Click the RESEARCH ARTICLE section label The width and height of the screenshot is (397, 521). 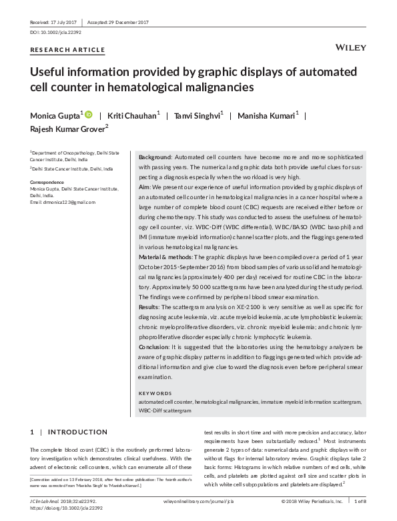click(x=67, y=50)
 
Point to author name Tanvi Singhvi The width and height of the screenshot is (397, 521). click(x=197, y=115)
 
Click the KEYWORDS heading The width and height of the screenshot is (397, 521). click(x=155, y=393)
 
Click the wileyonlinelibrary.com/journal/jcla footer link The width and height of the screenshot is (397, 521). click(x=197, y=500)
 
